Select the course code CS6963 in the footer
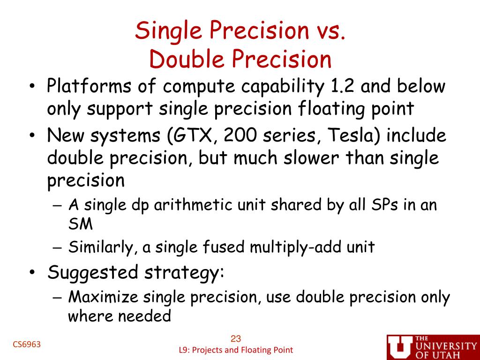point(27,345)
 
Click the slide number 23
point(236,339)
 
